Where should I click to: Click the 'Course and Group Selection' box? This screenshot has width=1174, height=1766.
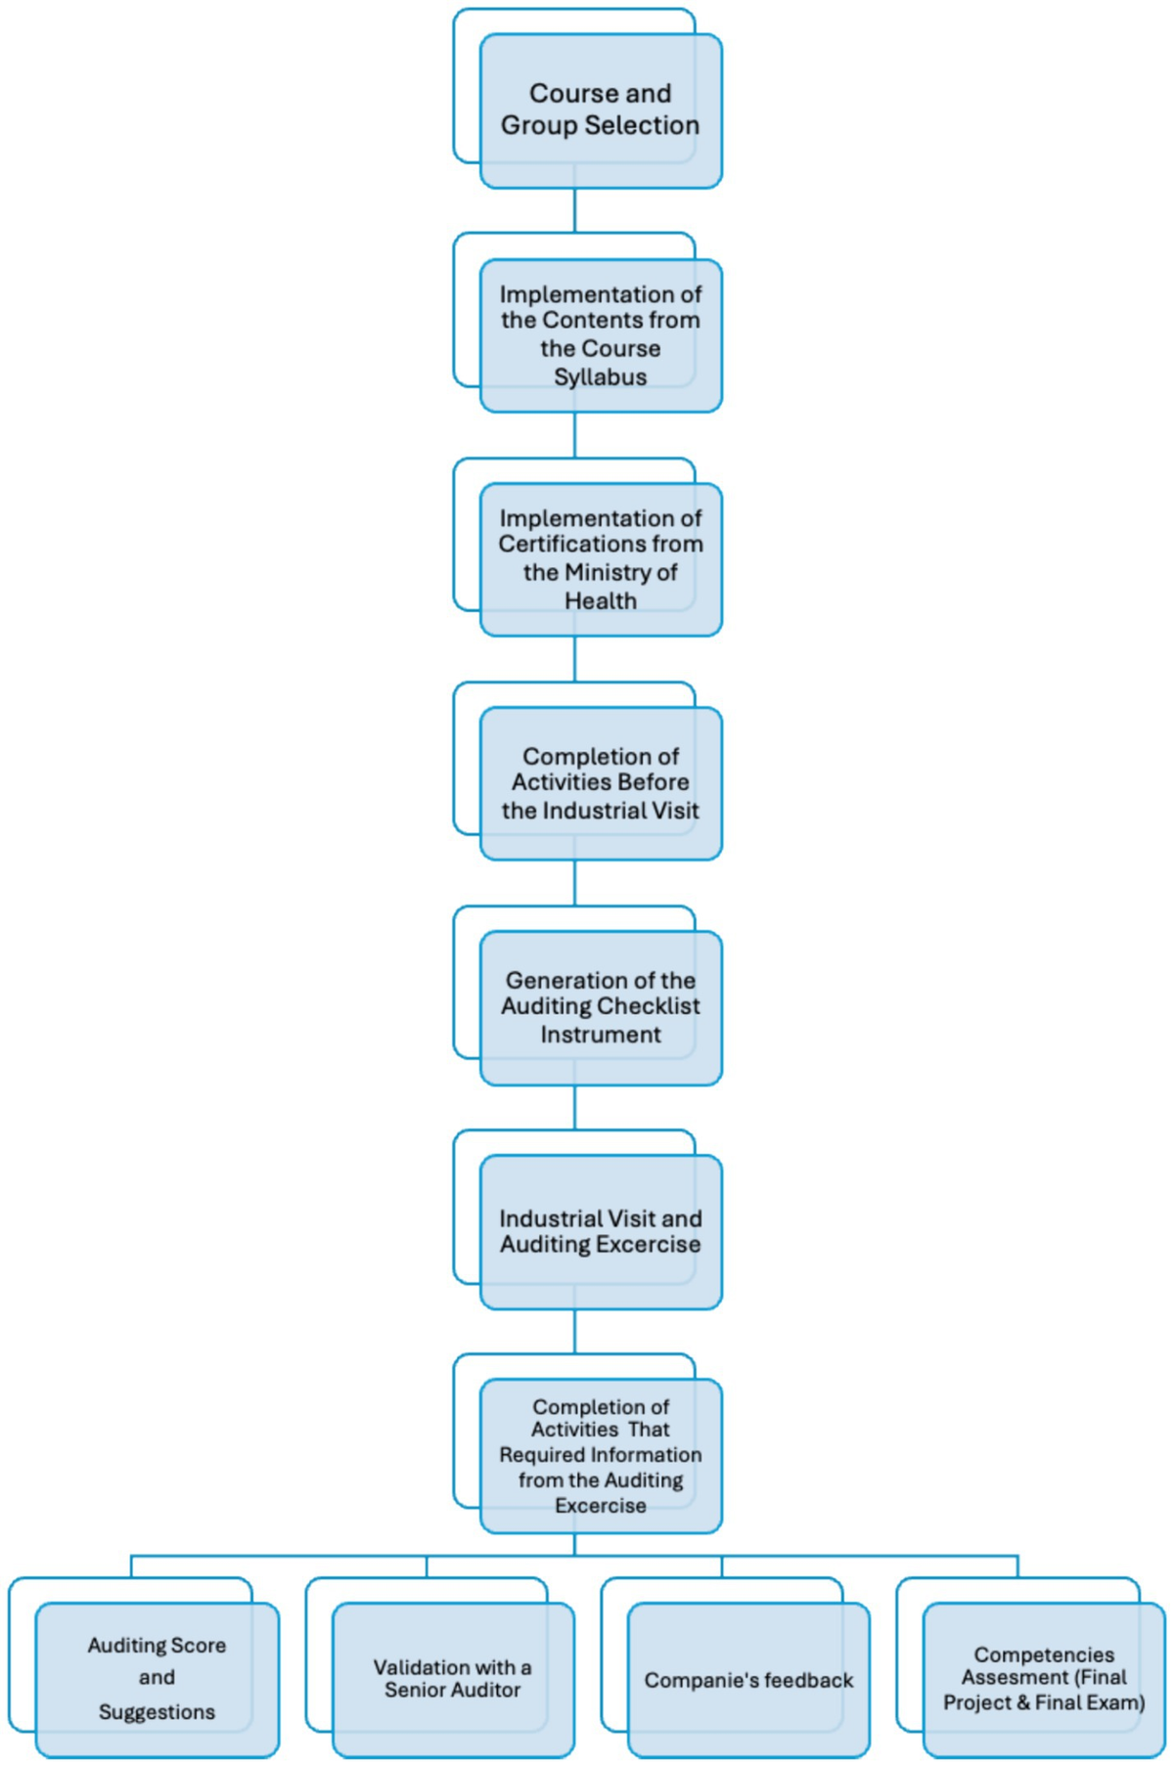point(600,110)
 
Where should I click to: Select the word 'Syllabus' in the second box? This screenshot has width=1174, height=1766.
point(600,377)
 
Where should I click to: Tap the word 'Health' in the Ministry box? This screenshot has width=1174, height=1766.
point(600,601)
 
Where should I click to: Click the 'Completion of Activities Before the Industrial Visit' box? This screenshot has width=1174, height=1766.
point(600,783)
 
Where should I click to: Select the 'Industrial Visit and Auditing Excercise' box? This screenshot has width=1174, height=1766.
point(600,1231)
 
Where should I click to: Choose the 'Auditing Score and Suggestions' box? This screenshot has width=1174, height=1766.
point(157,1678)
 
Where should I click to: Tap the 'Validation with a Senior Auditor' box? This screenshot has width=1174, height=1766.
point(452,1678)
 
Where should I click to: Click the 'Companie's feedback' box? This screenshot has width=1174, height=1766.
point(748,1681)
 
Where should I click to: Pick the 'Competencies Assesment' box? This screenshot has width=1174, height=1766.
point(1044,1678)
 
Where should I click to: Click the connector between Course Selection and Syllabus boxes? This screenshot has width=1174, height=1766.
point(574,210)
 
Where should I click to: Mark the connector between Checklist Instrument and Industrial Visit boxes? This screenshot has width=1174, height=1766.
point(574,1107)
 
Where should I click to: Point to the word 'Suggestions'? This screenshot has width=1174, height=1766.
point(157,1712)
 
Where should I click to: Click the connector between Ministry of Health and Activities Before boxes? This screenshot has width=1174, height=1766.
point(574,659)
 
